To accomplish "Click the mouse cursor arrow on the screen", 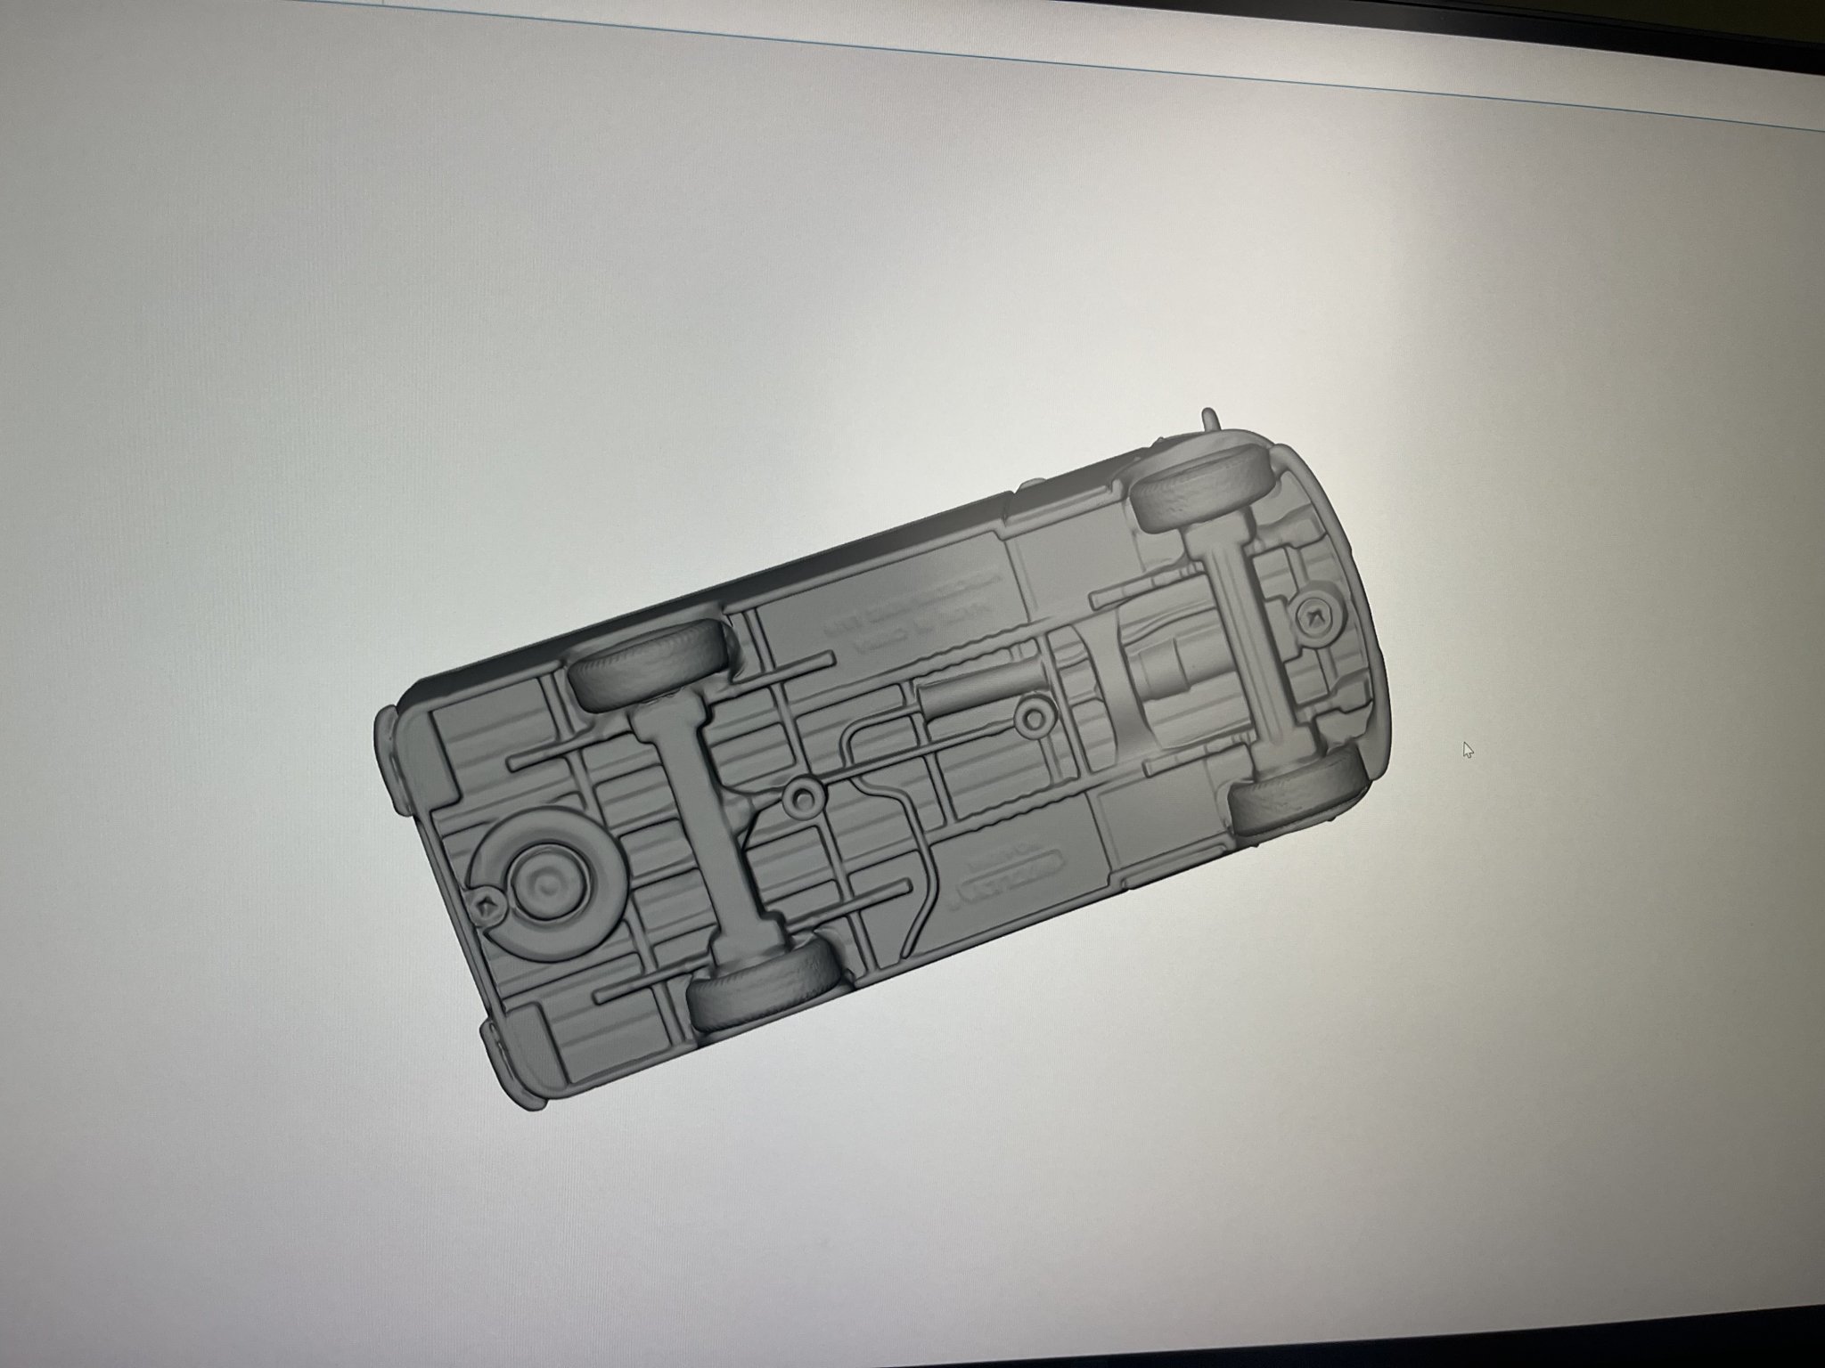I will pyautogui.click(x=1467, y=749).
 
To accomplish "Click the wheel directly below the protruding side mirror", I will pyautogui.click(x=1192, y=497).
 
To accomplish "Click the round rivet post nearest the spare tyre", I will pyautogui.click(x=806, y=799).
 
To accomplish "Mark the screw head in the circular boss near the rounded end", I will pyautogui.click(x=1314, y=615).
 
